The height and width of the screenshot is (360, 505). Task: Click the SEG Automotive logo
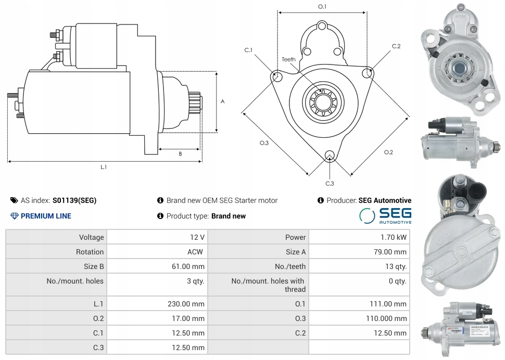pos(386,215)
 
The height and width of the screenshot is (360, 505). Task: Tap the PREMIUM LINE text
pos(46,216)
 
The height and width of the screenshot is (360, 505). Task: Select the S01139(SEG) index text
pos(74,200)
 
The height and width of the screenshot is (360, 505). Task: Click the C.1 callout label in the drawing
pos(248,50)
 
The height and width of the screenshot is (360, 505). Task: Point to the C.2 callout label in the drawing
pos(396,47)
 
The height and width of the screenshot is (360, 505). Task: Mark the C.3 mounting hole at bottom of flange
pos(329,156)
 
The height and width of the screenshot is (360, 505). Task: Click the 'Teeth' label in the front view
pos(288,59)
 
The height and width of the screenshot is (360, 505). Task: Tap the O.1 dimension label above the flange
pos(322,7)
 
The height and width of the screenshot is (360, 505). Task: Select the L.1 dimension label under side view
pos(104,167)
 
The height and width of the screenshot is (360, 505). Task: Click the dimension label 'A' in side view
pos(222,101)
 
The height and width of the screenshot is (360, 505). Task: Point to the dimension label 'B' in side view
pos(180,154)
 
